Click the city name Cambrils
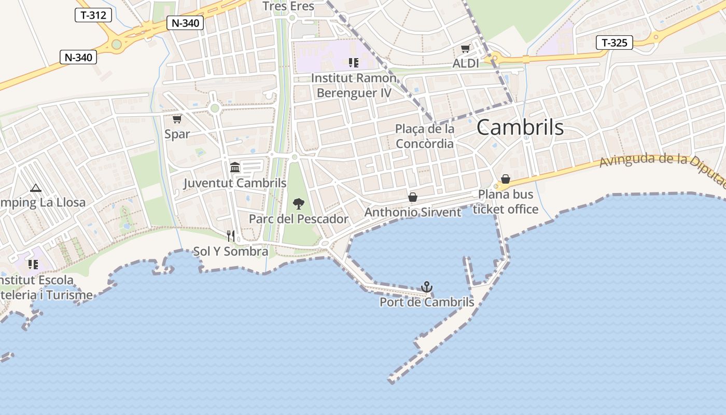pyautogui.click(x=520, y=127)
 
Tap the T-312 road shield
pyautogui.click(x=93, y=15)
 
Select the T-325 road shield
pyautogui.click(x=615, y=43)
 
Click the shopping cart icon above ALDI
pyautogui.click(x=465, y=49)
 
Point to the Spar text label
pyautogui.click(x=177, y=134)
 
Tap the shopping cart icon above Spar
pyautogui.click(x=177, y=119)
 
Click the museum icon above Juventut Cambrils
pyautogui.click(x=235, y=167)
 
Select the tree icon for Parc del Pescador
pyautogui.click(x=298, y=203)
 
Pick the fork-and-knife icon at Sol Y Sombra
pyautogui.click(x=231, y=236)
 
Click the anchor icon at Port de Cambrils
pyautogui.click(x=426, y=287)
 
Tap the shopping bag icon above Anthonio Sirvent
pyautogui.click(x=413, y=197)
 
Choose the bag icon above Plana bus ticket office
pyautogui.click(x=506, y=179)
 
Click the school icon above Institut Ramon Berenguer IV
pyautogui.click(x=353, y=63)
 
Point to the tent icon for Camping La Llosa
pyautogui.click(x=35, y=188)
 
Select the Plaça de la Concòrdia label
pyautogui.click(x=424, y=136)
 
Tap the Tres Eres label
pyautogui.click(x=288, y=6)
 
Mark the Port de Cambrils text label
pyautogui.click(x=427, y=302)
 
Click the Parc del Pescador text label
pyautogui.click(x=298, y=219)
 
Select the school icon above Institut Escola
pyautogui.click(x=33, y=265)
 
